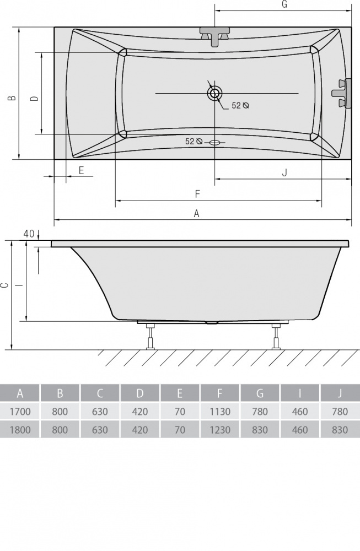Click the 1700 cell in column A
tap(20, 411)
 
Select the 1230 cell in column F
tap(220, 429)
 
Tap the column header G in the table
tap(260, 393)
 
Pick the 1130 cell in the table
tap(220, 411)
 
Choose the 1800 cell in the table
tap(20, 429)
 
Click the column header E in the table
tap(180, 393)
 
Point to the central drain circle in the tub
tap(214, 94)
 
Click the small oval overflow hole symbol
tap(214, 142)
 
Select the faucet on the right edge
tap(342, 93)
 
